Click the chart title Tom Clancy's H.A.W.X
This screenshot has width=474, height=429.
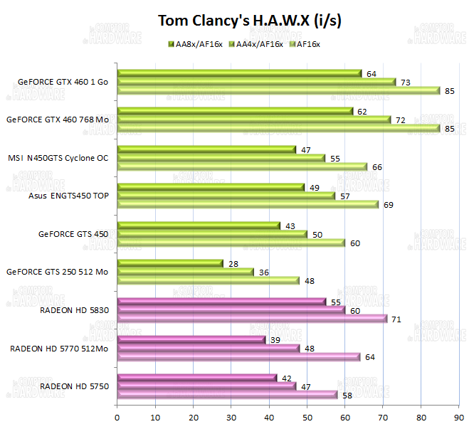point(250,21)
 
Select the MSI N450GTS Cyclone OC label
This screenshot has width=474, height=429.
point(58,158)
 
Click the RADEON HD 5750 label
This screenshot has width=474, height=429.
point(74,386)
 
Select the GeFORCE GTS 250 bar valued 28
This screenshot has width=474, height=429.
point(170,263)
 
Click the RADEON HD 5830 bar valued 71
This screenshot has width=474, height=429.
point(252,318)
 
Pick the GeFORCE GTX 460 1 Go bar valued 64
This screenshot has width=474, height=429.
point(238,73)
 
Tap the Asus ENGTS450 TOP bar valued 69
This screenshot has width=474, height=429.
point(248,204)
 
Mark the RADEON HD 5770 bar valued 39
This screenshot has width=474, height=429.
point(191,339)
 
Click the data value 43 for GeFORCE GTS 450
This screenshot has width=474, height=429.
point(290,226)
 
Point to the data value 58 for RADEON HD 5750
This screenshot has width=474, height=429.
point(347,394)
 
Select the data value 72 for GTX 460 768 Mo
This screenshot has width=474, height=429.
point(400,120)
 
